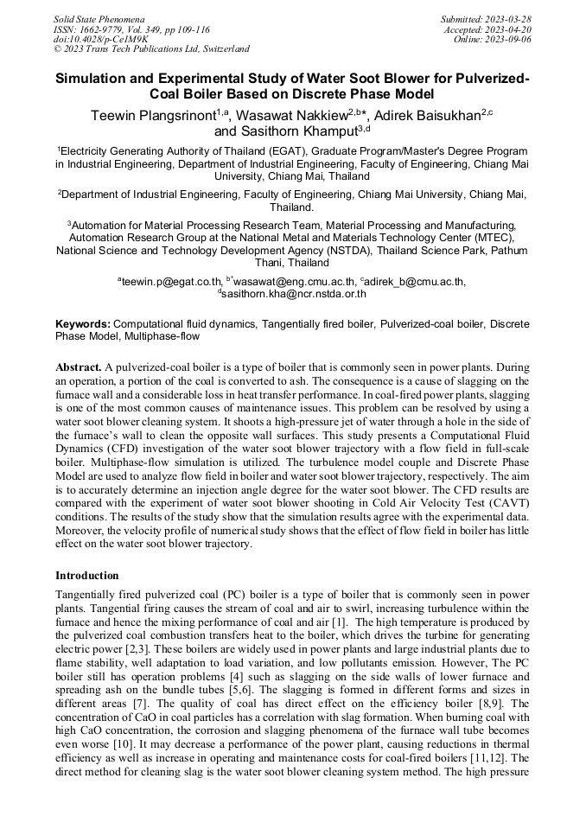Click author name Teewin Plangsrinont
(152, 116)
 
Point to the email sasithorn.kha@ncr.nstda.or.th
(295, 294)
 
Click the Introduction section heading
(87, 575)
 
